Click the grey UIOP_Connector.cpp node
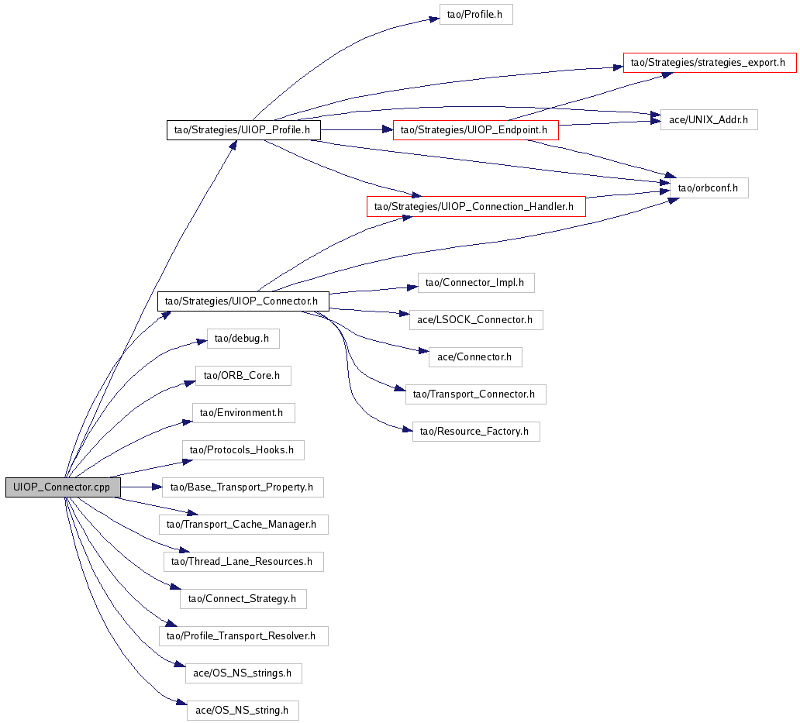63,487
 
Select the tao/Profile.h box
476,15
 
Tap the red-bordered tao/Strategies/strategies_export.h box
710,63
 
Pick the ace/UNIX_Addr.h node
709,120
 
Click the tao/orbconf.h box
704,188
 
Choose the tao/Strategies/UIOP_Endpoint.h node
475,130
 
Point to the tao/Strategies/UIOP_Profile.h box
243,130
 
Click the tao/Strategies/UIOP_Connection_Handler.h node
476,206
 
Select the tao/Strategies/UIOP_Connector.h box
243,301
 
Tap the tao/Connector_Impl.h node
476,283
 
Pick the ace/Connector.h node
475,356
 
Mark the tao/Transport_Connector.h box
475,394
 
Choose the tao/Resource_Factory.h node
475,431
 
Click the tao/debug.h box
243,339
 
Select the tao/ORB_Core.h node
243,376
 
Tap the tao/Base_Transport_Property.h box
243,487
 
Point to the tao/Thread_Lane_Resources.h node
243,561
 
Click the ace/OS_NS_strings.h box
243,673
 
